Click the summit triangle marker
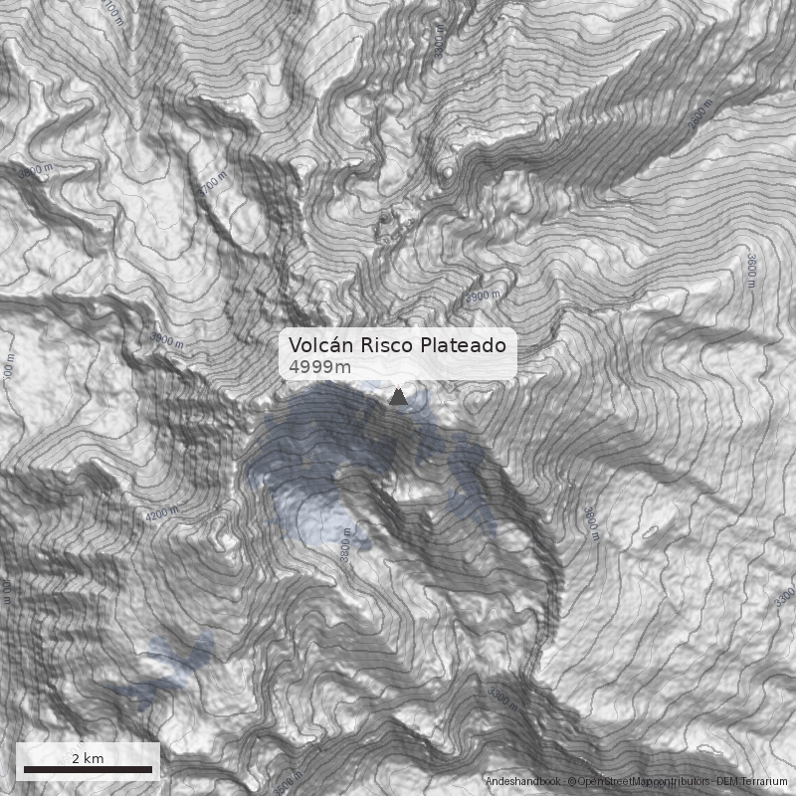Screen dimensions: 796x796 click(398, 397)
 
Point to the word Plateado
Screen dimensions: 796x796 click(463, 345)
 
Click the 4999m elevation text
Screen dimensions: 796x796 click(319, 368)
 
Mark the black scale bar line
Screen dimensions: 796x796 click(88, 769)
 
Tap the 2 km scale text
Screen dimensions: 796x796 click(88, 758)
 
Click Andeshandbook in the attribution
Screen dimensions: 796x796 click(523, 782)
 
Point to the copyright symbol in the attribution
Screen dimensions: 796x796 click(571, 782)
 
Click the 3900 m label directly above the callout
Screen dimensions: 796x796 click(483, 297)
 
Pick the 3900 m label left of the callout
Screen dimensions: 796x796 click(167, 341)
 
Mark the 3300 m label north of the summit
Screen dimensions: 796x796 click(439, 41)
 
